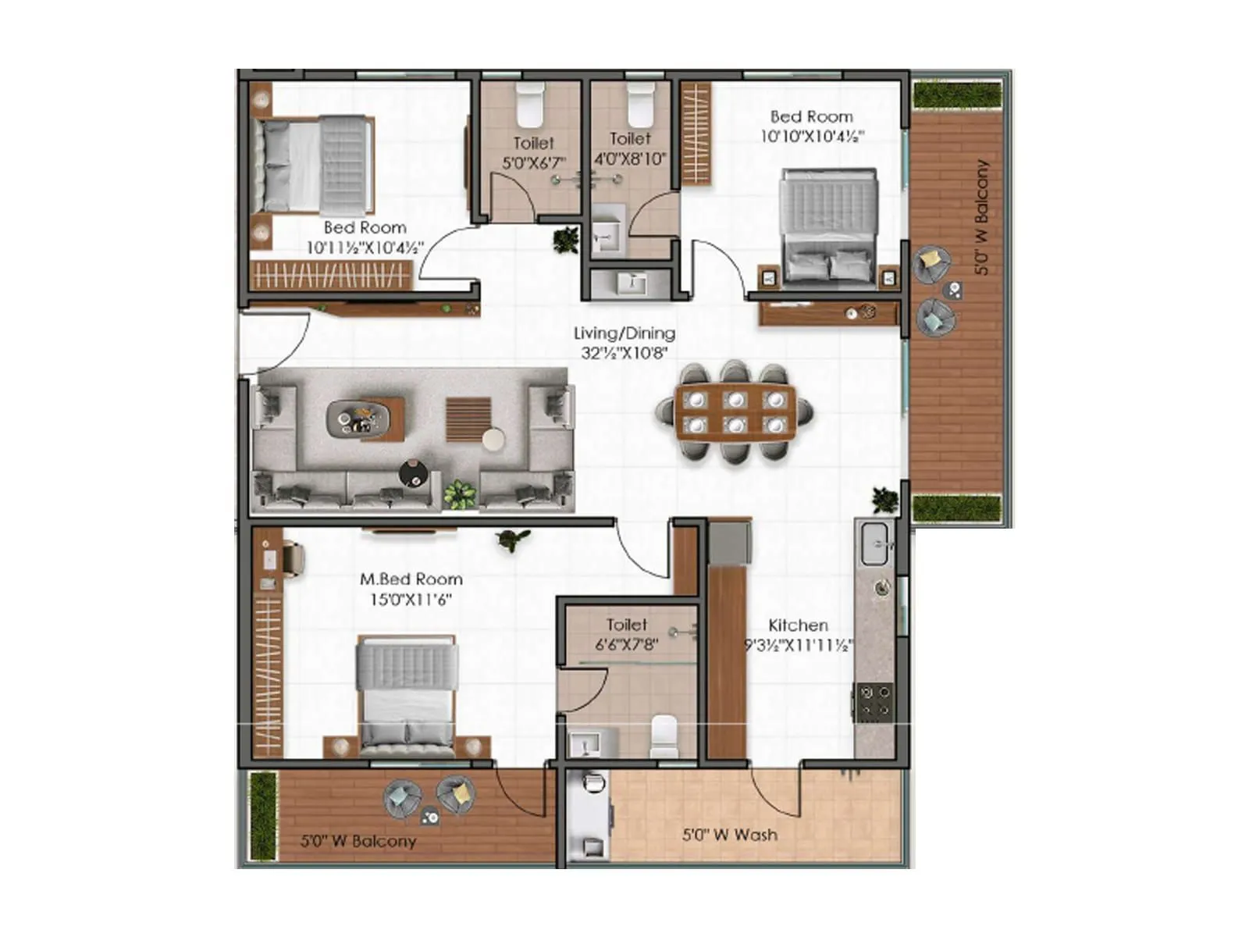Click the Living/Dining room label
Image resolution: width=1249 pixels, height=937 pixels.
click(624, 333)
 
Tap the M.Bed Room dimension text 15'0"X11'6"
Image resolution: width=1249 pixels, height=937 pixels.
click(411, 600)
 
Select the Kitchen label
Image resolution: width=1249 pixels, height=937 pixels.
click(798, 625)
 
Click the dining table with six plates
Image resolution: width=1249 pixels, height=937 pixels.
click(734, 412)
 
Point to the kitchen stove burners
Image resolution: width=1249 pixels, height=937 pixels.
click(874, 701)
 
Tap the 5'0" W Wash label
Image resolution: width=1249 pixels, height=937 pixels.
click(729, 835)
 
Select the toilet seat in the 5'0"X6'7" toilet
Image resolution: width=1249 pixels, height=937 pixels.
click(530, 105)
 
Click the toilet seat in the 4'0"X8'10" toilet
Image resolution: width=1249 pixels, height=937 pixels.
click(641, 105)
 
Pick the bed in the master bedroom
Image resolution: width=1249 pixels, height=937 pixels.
click(406, 695)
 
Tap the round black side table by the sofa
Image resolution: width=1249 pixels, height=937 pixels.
click(413, 473)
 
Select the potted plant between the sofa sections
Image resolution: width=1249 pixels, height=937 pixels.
click(460, 494)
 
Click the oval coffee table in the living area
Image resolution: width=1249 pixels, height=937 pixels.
click(358, 419)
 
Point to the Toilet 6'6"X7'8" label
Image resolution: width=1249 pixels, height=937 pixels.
click(626, 634)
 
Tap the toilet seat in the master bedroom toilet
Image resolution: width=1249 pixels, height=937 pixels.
click(664, 736)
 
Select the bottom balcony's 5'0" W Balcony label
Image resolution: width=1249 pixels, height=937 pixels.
click(358, 842)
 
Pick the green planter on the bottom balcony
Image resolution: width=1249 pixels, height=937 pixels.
click(262, 816)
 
